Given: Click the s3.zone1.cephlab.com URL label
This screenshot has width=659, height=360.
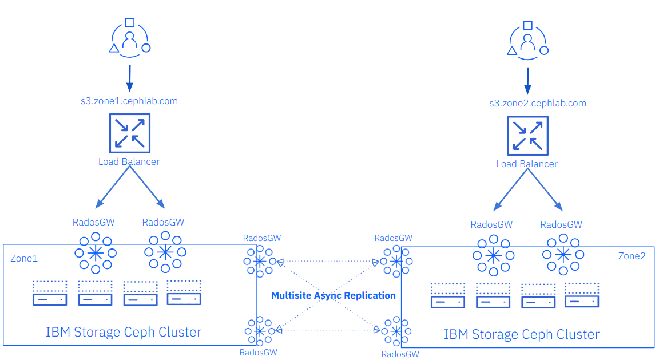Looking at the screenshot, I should tap(129, 101).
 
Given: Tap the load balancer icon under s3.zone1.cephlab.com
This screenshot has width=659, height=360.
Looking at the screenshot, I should tap(129, 132).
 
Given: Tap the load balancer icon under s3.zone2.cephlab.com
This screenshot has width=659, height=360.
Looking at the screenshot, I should tap(527, 135).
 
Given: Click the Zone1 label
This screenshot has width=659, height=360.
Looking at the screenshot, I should tap(24, 258).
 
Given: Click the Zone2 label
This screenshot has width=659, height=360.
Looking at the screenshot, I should tap(632, 256).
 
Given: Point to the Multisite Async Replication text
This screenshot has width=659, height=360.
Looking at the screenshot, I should tap(334, 295).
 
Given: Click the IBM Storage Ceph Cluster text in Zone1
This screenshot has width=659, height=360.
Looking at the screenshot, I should tap(124, 332).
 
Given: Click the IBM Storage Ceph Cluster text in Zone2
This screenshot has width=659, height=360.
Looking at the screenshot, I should tap(522, 334).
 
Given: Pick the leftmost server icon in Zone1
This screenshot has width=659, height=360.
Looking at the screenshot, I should tap(50, 292).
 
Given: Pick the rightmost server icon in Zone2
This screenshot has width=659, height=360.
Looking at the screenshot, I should tap(582, 295).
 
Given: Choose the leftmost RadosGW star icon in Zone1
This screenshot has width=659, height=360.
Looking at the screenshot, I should tap(96, 252).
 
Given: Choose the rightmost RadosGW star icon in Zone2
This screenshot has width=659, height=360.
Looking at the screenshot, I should tap(563, 254).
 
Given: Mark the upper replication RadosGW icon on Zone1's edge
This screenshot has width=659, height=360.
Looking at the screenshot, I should tap(260, 262).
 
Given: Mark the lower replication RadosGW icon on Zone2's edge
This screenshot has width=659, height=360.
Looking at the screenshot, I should tap(395, 331).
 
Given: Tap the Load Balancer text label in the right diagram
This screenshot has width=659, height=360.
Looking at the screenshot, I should tap(527, 164).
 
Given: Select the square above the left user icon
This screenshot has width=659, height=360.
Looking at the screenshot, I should tap(130, 23).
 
